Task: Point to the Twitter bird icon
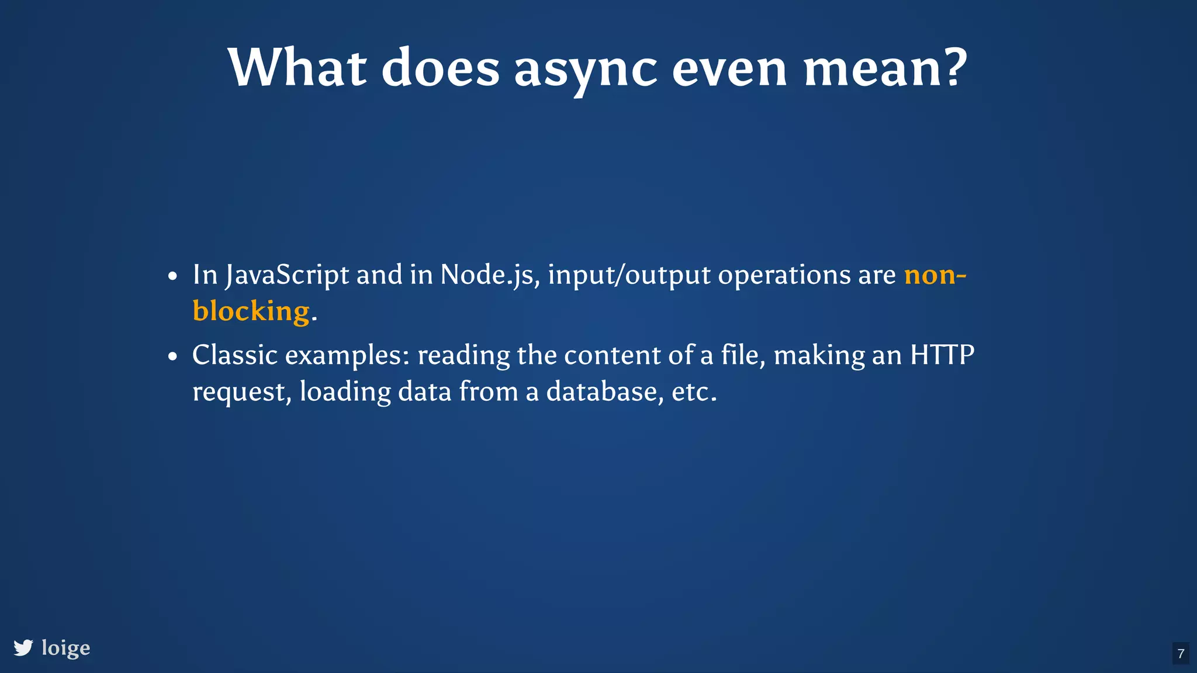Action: (x=23, y=648)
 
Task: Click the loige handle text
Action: (x=65, y=648)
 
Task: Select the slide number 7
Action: (x=1181, y=654)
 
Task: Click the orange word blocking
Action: (x=251, y=311)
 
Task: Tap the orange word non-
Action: (x=935, y=275)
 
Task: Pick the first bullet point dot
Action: (x=172, y=276)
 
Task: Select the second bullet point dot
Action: (x=172, y=356)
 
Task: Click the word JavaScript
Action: (x=287, y=275)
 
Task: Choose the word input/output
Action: (x=629, y=275)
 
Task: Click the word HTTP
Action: (x=942, y=355)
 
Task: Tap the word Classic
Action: (x=234, y=355)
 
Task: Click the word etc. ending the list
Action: (x=693, y=391)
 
